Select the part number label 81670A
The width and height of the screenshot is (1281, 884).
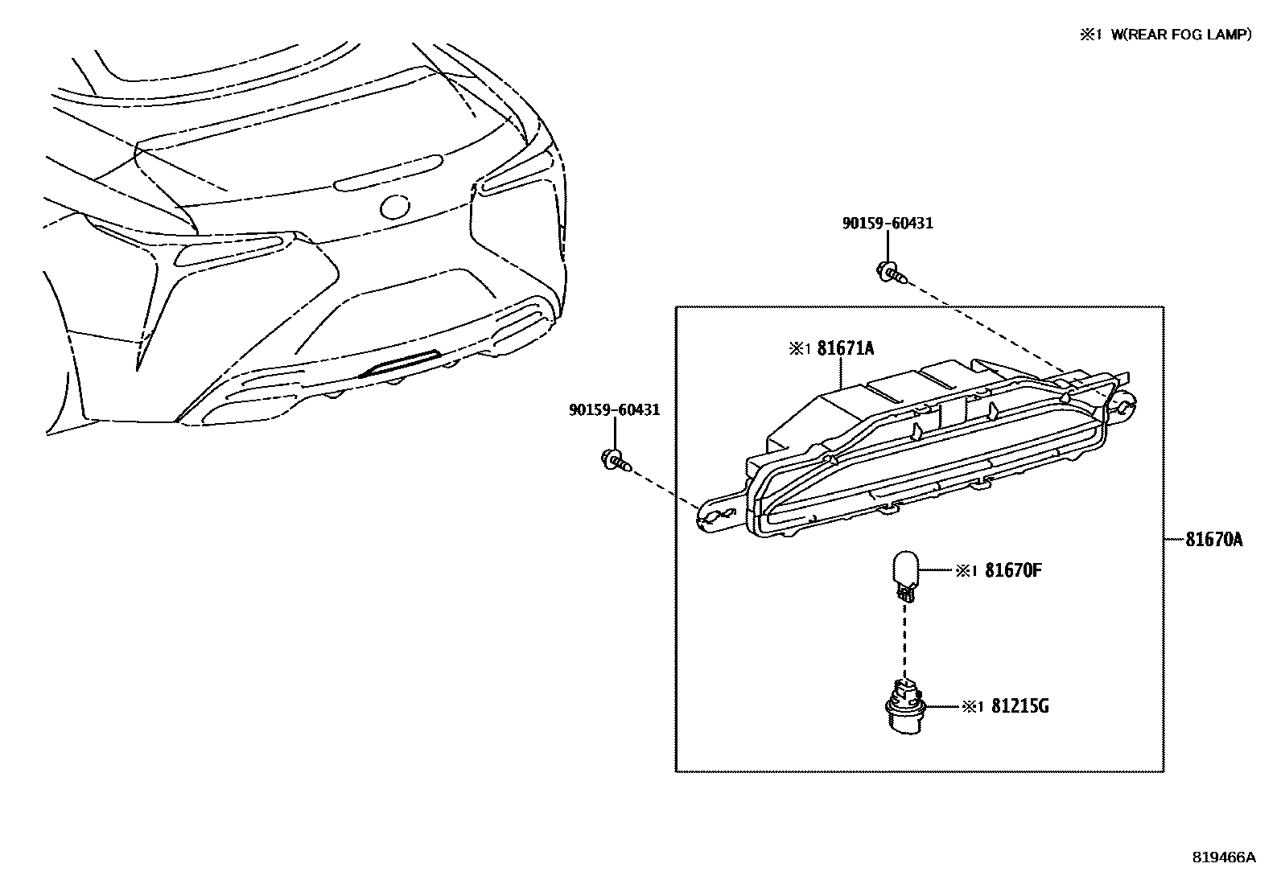coord(1213,540)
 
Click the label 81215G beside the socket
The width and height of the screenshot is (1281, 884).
coord(1019,706)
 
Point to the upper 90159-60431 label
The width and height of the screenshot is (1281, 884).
coord(888,223)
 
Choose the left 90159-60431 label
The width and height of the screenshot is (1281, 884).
coord(614,409)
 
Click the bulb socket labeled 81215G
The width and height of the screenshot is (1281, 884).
coord(906,705)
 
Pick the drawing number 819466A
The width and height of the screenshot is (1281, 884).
coord(1223,857)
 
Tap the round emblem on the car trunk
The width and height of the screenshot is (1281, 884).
coord(396,207)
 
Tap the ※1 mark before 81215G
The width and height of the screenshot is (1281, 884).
coord(972,707)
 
